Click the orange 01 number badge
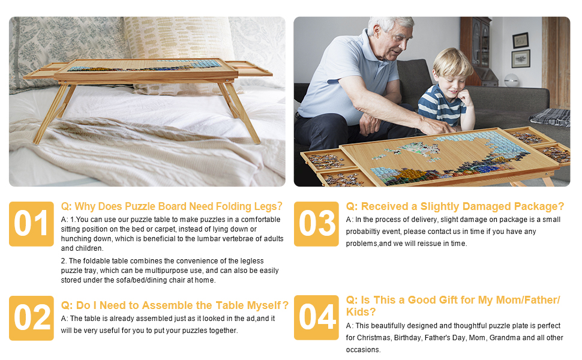click(31, 224)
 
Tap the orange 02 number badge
click(31, 318)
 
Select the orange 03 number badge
click(316, 224)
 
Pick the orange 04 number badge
click(316, 317)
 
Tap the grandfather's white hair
click(390, 23)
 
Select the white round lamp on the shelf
click(511, 80)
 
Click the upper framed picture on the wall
click(520, 40)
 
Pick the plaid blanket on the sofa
click(550, 117)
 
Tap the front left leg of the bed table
click(51, 113)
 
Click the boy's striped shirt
click(440, 106)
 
